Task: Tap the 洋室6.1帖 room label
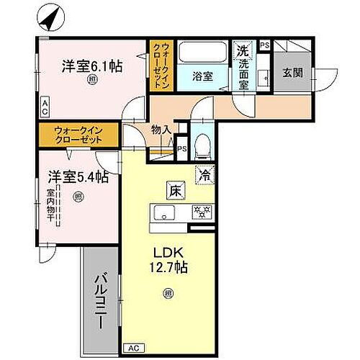(x=91, y=66)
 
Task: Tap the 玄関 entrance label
(x=292, y=73)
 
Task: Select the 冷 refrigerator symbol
(x=204, y=174)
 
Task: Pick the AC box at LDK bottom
(x=133, y=347)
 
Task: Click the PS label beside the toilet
(x=182, y=150)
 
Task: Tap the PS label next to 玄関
(x=264, y=46)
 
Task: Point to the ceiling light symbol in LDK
(x=168, y=293)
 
